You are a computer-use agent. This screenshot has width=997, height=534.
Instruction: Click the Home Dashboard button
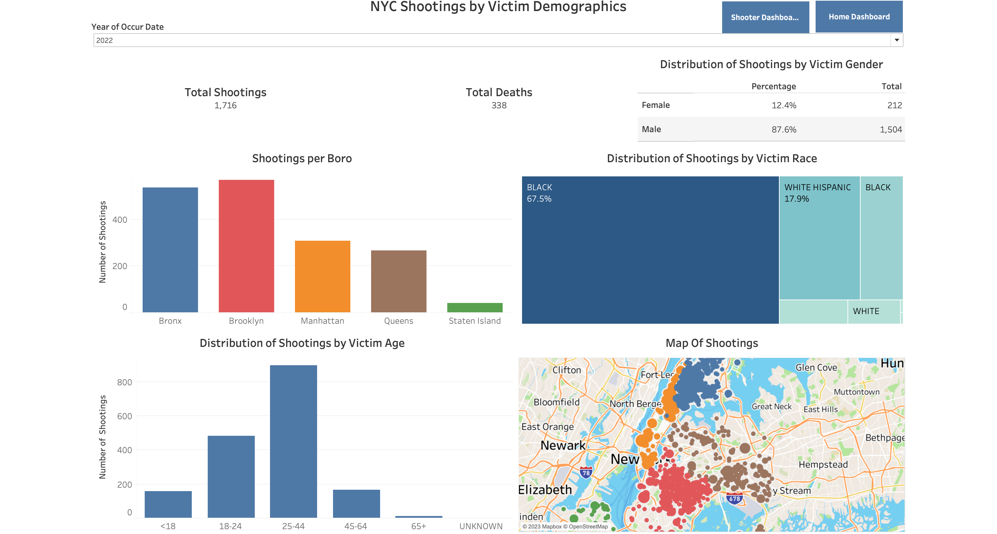tap(859, 17)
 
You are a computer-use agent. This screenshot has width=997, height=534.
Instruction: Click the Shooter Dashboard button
tap(765, 17)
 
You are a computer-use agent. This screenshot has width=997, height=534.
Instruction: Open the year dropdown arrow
tap(896, 40)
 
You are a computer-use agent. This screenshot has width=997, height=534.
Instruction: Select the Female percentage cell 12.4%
tap(783, 105)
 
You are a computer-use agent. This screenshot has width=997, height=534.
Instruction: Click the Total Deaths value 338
tap(498, 105)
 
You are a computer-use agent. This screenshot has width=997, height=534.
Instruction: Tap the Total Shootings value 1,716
tap(225, 105)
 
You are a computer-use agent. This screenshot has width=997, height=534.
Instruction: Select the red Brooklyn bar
tap(246, 246)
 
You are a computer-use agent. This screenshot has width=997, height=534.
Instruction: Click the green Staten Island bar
tap(475, 307)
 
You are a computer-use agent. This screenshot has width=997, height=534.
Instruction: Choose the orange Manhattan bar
tap(322, 276)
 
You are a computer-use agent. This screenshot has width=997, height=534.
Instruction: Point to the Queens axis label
tap(398, 321)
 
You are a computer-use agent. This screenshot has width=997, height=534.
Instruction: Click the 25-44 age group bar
tap(293, 441)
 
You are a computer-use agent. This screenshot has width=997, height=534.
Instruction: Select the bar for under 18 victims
tap(168, 504)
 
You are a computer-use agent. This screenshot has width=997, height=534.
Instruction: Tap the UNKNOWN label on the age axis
tap(481, 526)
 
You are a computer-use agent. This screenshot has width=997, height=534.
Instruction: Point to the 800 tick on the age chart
tap(124, 382)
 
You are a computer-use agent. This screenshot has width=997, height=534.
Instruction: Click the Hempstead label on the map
tap(823, 464)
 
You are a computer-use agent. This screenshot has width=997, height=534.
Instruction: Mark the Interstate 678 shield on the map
tap(734, 498)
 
